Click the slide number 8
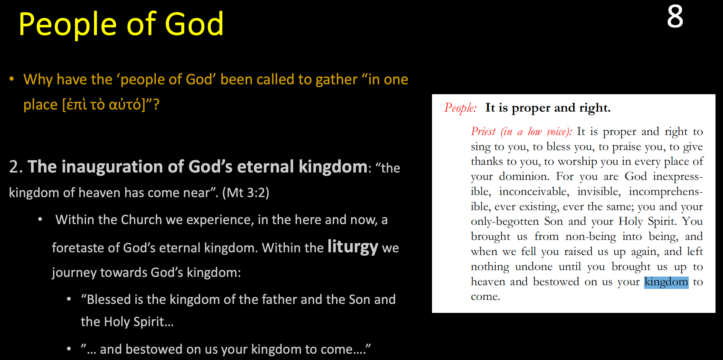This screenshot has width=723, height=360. (x=675, y=17)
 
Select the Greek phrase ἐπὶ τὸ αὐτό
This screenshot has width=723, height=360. (x=104, y=105)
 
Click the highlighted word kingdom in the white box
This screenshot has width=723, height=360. (x=666, y=282)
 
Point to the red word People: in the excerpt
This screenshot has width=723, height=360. (x=460, y=108)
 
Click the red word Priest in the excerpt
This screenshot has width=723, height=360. (x=483, y=131)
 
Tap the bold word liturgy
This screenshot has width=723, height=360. (x=352, y=247)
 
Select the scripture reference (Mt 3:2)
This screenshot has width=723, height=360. (x=246, y=193)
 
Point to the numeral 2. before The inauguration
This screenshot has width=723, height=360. (x=16, y=167)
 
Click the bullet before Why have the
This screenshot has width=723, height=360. (x=12, y=79)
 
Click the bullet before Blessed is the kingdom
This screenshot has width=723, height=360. (x=69, y=299)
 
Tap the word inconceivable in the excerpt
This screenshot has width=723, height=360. (x=534, y=191)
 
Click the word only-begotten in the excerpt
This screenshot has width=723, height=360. (x=505, y=222)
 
